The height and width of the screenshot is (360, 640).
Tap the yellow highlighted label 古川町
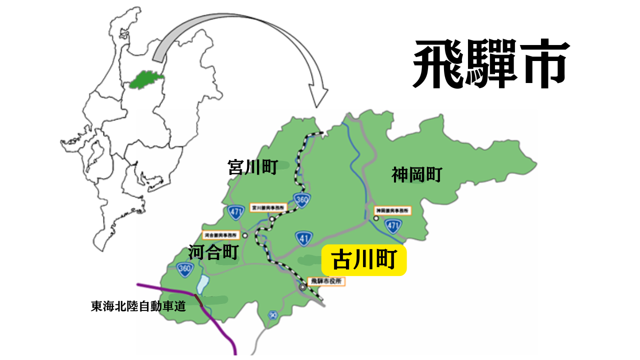(x=364, y=260)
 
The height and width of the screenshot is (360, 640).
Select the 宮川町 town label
(x=252, y=167)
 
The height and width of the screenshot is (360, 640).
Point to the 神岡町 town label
(x=416, y=175)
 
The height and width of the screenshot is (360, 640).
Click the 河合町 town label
(x=213, y=252)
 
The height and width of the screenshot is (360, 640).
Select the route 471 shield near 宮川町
(x=235, y=212)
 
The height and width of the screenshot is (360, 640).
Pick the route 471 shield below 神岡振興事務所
(x=392, y=226)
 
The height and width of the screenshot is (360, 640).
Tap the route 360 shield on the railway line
(x=301, y=199)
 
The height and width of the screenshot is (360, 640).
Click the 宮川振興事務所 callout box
(x=268, y=207)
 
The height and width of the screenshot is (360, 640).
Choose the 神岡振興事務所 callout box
(x=392, y=210)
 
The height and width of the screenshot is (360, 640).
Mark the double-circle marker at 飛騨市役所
(x=303, y=287)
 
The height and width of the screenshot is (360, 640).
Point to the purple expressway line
(x=220, y=325)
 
